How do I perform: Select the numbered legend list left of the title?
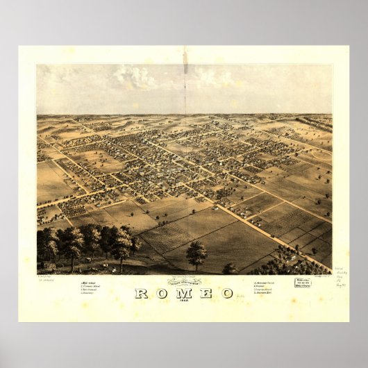click(92, 287)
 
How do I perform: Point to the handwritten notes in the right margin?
click(339, 278)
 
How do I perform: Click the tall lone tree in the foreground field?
click(196, 255)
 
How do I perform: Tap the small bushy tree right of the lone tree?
click(229, 267)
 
